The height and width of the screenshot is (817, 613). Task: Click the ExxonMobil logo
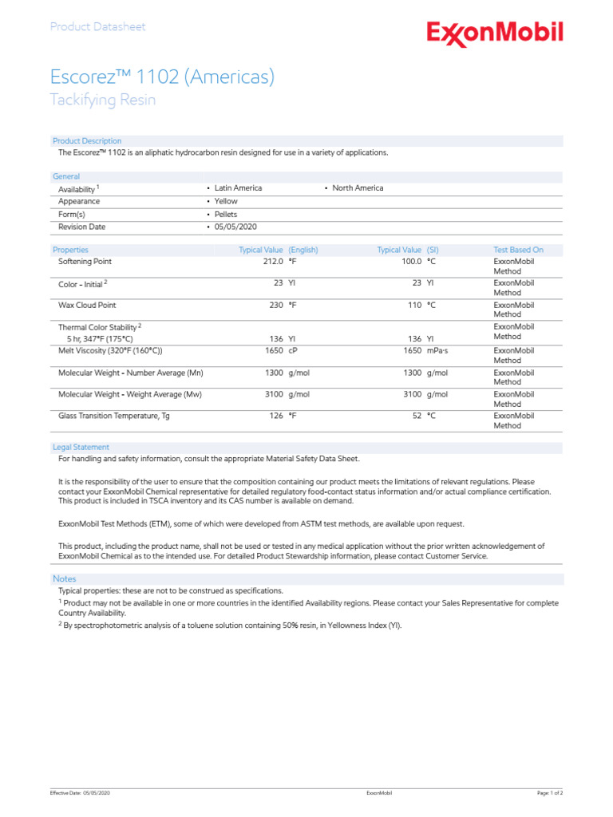point(494,34)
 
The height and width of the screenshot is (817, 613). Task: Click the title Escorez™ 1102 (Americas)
point(162,77)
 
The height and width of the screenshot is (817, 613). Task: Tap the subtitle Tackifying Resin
point(103,100)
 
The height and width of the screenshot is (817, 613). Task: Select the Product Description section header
point(87,141)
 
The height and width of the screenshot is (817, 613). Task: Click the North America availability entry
point(357,188)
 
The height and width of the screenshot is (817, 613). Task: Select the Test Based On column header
point(518,250)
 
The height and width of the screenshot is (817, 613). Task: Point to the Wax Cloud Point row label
point(87,306)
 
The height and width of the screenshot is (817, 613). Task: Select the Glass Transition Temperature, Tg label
point(114,416)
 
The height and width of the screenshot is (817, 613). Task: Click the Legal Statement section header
point(81,448)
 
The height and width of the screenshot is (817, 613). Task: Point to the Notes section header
point(65,578)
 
